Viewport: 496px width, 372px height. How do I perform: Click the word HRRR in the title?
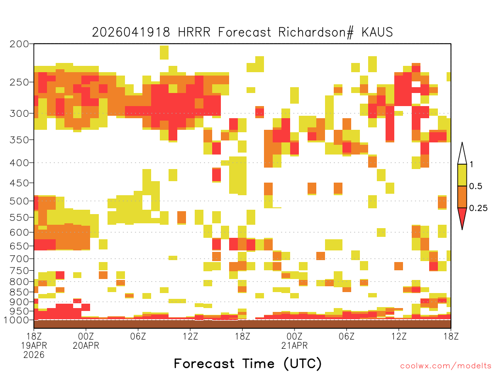[194, 32]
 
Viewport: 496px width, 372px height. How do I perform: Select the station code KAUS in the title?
[377, 32]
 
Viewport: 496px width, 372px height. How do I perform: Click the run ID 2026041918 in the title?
[131, 32]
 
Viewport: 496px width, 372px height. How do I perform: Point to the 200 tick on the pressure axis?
[19, 44]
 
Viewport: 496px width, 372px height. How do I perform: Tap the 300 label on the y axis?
[19, 113]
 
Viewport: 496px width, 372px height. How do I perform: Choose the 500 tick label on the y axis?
[19, 201]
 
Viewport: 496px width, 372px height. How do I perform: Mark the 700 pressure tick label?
[19, 259]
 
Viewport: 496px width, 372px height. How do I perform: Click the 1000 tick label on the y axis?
[16, 320]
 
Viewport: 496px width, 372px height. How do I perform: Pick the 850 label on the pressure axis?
[19, 292]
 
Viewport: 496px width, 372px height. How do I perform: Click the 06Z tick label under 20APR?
[138, 336]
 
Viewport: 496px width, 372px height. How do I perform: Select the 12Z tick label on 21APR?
[399, 336]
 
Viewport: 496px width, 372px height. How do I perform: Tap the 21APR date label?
[294, 345]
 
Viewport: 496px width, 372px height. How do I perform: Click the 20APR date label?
[86, 345]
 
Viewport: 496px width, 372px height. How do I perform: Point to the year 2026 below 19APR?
[34, 355]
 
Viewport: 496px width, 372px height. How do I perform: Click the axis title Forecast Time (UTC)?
[248, 364]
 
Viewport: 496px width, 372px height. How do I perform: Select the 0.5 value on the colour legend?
[476, 186]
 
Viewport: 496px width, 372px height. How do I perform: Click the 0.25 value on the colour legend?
[478, 208]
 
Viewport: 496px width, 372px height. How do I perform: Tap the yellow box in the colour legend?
[462, 175]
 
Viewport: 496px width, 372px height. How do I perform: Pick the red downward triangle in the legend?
[462, 217]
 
